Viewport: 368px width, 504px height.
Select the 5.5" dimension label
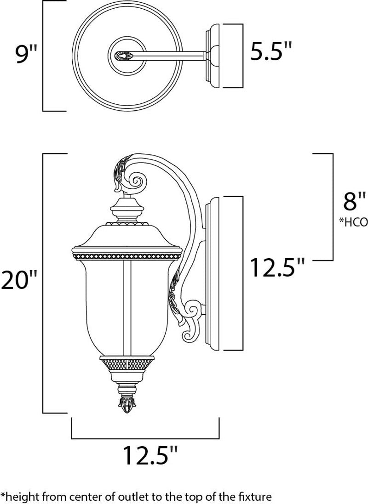(x=271, y=51)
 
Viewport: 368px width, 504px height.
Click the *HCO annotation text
(x=353, y=223)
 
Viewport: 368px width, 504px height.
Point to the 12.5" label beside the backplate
(x=277, y=268)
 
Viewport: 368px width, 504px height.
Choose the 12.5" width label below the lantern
(x=149, y=455)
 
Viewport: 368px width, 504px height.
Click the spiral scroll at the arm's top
(x=138, y=180)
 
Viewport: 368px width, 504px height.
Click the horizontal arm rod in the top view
(x=170, y=57)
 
